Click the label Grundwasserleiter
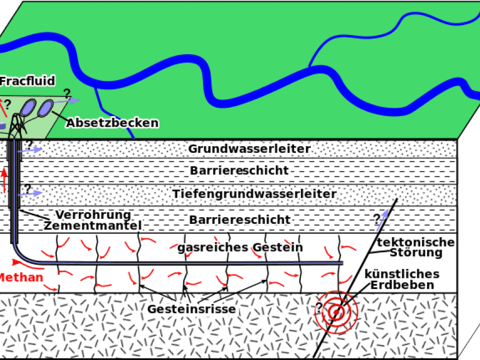click(249, 149)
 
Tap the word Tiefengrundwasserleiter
click(254, 194)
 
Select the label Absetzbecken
click(112, 123)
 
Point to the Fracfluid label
click(27, 81)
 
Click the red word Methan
click(21, 277)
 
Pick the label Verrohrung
click(93, 215)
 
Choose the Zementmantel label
click(93, 225)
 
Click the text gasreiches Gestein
click(240, 247)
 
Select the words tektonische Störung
click(416, 247)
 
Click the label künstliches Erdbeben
click(401, 279)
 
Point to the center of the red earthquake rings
click(336, 313)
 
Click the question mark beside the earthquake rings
click(319, 307)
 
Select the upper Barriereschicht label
click(239, 171)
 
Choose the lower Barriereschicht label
click(239, 219)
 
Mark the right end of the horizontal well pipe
click(341, 262)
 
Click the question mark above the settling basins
click(67, 93)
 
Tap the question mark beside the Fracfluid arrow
click(7, 103)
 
